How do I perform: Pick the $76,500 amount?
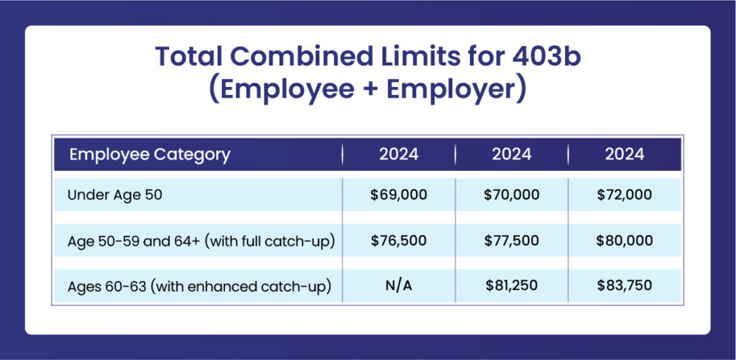click(399, 241)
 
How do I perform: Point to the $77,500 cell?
click(512, 241)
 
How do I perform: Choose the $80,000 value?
click(625, 241)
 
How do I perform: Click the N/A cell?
click(399, 285)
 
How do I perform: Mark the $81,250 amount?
click(512, 285)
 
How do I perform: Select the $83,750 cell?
click(625, 285)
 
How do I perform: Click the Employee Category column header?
click(149, 154)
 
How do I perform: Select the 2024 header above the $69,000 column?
click(399, 154)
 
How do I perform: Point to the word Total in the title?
click(189, 56)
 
